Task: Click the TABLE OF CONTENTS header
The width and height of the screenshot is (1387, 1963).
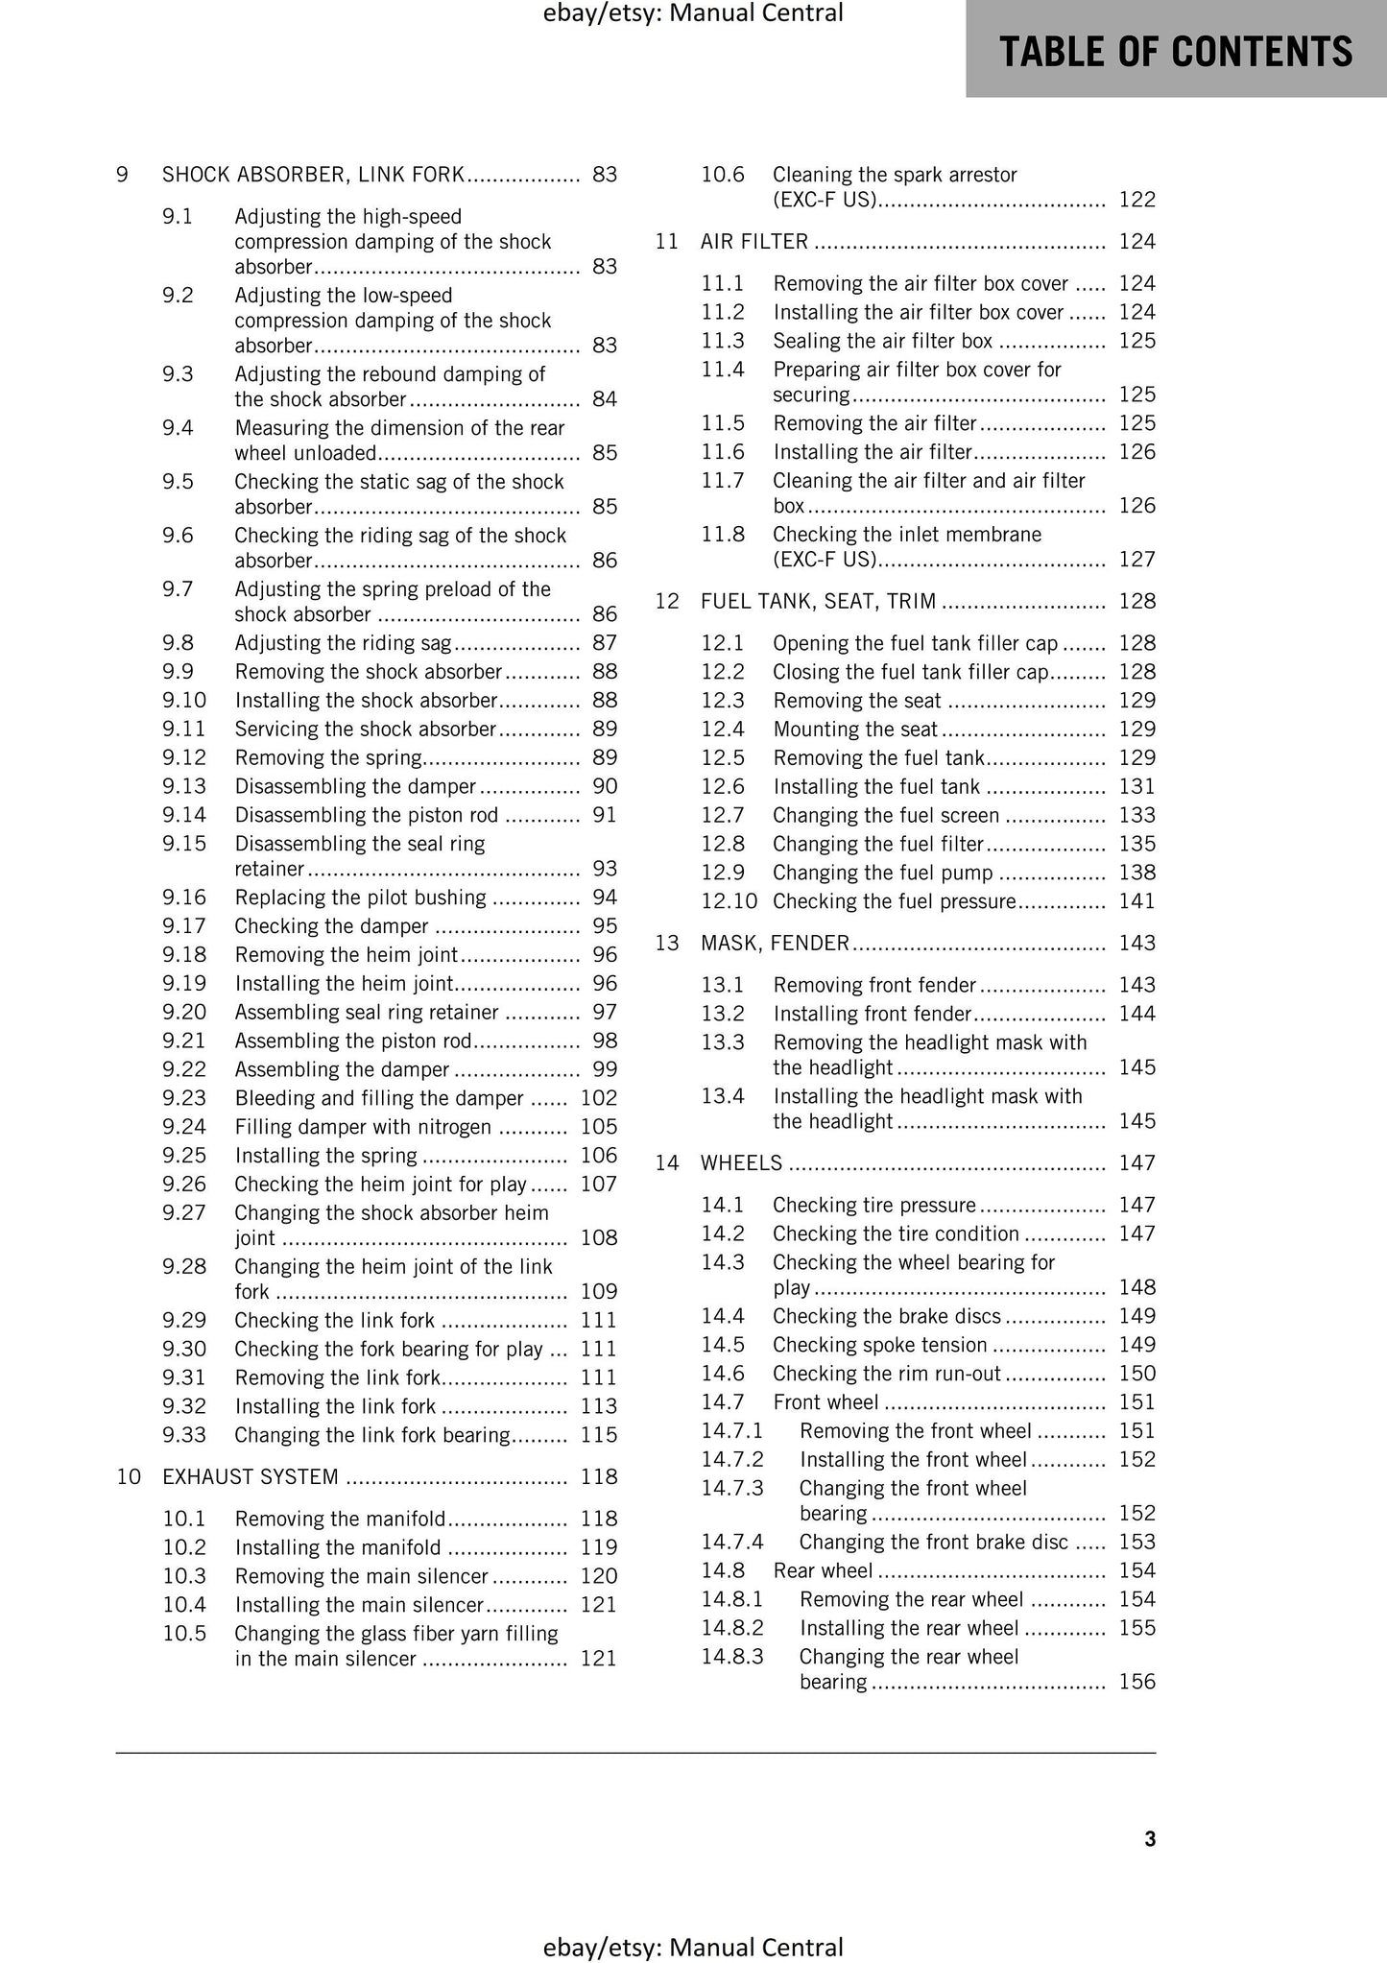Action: (x=1176, y=51)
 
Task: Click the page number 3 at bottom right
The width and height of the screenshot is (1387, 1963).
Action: (x=1150, y=1838)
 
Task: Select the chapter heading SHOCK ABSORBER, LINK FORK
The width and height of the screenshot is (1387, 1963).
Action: (x=313, y=175)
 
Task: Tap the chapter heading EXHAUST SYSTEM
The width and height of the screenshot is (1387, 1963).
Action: (x=250, y=1476)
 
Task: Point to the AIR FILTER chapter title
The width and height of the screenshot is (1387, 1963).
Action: (x=754, y=242)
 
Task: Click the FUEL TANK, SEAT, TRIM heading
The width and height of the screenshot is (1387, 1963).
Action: (x=818, y=601)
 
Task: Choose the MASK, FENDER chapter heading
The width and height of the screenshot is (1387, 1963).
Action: (x=775, y=943)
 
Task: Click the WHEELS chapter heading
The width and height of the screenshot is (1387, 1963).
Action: (x=741, y=1163)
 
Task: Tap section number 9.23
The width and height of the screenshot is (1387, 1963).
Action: (x=184, y=1098)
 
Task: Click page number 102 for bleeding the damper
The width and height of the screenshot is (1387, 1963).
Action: (x=599, y=1098)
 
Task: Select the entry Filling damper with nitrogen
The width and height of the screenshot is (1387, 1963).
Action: (x=363, y=1127)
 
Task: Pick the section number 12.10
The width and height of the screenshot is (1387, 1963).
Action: (x=729, y=901)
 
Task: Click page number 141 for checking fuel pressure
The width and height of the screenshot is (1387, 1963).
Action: (x=1137, y=901)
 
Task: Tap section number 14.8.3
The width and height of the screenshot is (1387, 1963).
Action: (x=731, y=1657)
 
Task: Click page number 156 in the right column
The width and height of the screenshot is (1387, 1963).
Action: (x=1137, y=1682)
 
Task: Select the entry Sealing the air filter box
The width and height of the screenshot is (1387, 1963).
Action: (x=882, y=341)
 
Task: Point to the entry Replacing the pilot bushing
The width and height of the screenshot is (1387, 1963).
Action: (x=360, y=898)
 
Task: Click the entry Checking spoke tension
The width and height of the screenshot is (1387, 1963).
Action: (x=879, y=1345)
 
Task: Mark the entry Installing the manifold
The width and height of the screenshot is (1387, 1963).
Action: (x=338, y=1547)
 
